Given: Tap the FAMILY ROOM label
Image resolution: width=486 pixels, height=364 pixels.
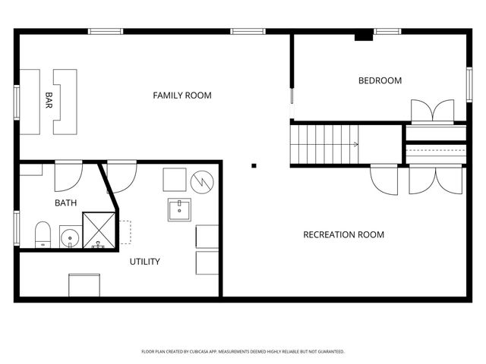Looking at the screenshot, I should pyautogui.click(x=182, y=96).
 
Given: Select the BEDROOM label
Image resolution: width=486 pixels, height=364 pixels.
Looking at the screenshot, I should pyautogui.click(x=380, y=80).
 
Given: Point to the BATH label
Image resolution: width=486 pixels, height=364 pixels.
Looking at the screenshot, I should pyautogui.click(x=65, y=202).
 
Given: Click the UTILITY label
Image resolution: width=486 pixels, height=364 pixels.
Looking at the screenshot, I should pyautogui.click(x=144, y=262).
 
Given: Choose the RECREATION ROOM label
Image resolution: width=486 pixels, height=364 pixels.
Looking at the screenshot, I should pyautogui.click(x=343, y=234).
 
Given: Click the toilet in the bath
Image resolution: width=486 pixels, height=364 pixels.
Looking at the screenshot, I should pyautogui.click(x=43, y=234).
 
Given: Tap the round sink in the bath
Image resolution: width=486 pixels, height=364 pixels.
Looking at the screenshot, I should pyautogui.click(x=70, y=238).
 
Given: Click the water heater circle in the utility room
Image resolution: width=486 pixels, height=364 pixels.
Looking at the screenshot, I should pyautogui.click(x=203, y=182).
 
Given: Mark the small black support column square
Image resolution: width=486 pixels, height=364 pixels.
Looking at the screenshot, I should pyautogui.click(x=254, y=165).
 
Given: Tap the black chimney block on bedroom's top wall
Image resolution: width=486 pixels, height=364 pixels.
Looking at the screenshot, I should pyautogui.click(x=364, y=34).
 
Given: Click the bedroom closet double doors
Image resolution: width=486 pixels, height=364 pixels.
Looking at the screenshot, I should pyautogui.click(x=432, y=111).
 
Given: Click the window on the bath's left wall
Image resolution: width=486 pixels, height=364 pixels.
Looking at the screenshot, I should pyautogui.click(x=16, y=227).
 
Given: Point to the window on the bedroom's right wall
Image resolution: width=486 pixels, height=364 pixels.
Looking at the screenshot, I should pyautogui.click(x=469, y=84).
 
